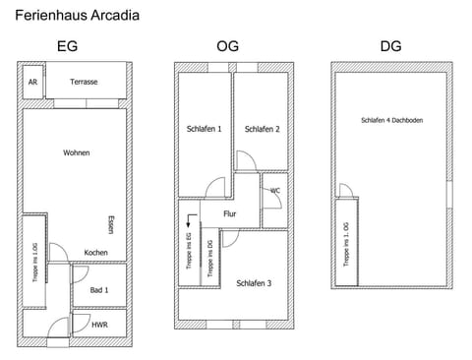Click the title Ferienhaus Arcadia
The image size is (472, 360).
point(77,16)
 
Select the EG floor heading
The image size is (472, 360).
point(68,46)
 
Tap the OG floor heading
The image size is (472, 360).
point(227,46)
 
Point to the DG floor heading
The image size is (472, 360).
point(390,46)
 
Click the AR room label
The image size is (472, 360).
point(32,83)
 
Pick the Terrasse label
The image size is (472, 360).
point(84,83)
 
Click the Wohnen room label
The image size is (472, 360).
point(77,152)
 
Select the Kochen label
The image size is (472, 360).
point(96,253)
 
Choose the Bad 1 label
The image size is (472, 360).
point(98,290)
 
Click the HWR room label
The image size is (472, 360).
point(99,325)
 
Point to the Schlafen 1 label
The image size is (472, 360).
point(205,129)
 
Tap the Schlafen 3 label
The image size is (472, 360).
point(254,283)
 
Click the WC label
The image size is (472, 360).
point(274,191)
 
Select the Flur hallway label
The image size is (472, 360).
point(230,212)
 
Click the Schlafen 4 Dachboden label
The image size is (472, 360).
point(392,120)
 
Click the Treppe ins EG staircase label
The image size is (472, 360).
point(189,251)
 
